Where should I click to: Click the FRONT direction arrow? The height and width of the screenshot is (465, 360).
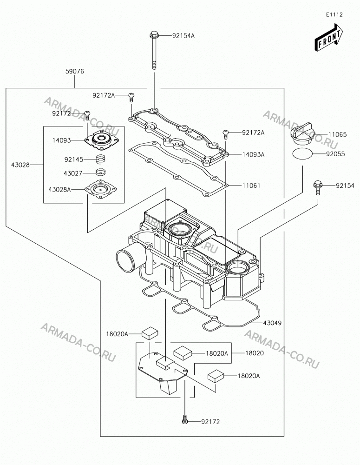point(329,38)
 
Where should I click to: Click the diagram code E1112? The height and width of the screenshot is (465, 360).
point(334,14)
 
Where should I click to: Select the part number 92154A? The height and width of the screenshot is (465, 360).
point(183,36)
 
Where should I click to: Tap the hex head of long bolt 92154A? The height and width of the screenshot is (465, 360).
point(154,35)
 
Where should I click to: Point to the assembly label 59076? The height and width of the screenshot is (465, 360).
point(75,72)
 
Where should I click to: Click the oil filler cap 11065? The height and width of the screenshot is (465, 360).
point(302,133)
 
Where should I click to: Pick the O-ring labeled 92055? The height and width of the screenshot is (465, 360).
point(302,154)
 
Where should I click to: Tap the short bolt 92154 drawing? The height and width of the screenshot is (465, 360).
point(318,187)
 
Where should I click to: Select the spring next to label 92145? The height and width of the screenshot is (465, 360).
point(101,159)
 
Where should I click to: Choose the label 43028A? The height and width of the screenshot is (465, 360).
point(59,189)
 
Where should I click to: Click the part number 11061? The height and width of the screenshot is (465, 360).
point(251,186)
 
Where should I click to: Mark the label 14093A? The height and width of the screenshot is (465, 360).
point(253,154)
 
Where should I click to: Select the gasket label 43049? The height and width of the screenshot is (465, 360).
point(272,323)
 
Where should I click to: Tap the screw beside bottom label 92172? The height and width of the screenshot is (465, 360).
point(184,419)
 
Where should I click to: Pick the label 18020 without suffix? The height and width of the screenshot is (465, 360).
point(255,353)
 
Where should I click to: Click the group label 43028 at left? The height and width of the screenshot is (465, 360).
point(20,165)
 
